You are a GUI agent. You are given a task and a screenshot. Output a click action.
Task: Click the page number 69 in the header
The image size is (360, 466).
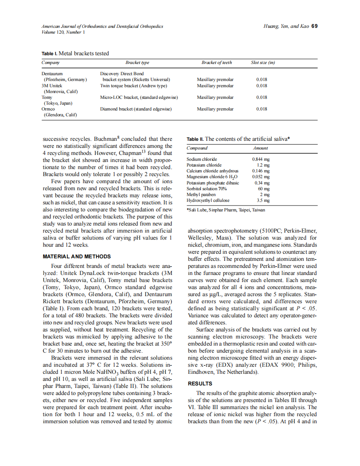tap(315, 26)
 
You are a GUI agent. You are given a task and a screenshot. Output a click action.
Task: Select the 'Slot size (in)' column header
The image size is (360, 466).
tap(263, 63)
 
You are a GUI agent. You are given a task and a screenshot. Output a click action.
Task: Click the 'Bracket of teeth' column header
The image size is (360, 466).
tap(217, 63)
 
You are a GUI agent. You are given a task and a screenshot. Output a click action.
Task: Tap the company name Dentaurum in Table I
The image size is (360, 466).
tap(52, 74)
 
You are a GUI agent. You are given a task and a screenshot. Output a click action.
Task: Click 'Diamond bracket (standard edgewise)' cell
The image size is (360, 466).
tap(136, 109)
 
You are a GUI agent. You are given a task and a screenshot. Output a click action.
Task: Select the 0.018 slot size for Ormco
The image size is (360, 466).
tap(261, 109)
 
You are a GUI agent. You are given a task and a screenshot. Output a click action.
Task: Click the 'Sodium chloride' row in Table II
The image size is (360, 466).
tap(202, 159)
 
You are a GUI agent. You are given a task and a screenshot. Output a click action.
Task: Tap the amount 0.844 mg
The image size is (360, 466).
tap(261, 159)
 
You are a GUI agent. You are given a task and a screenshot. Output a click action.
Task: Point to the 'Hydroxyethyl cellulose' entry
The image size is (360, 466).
tap(208, 200)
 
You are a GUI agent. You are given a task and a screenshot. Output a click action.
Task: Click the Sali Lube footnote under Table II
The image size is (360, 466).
tap(226, 210)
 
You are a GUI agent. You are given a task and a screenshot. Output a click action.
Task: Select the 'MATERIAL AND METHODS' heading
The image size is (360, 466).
tap(77, 257)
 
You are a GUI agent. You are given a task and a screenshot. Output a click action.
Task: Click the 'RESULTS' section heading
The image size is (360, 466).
tap(200, 383)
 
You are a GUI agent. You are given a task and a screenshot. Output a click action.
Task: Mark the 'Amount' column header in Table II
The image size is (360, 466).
tap(260, 148)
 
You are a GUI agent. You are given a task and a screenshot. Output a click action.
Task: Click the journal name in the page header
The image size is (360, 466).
tap(102, 26)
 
